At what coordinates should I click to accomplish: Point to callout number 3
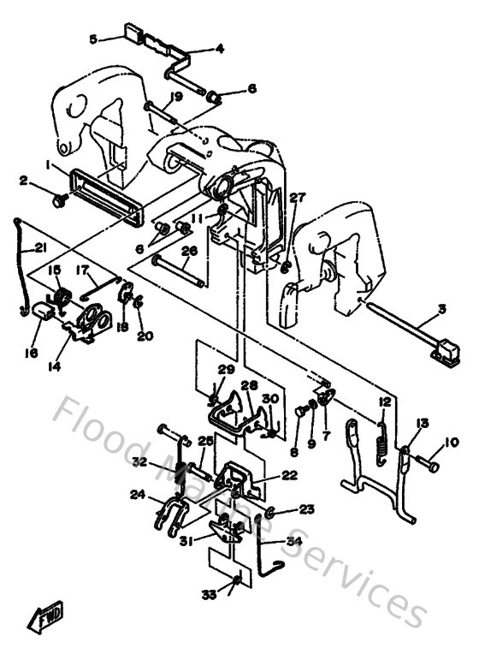click(442, 308)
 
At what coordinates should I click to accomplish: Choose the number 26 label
click(190, 251)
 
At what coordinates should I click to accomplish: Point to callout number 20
click(145, 336)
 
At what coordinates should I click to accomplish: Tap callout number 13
click(422, 423)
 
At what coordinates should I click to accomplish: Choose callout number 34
click(293, 540)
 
